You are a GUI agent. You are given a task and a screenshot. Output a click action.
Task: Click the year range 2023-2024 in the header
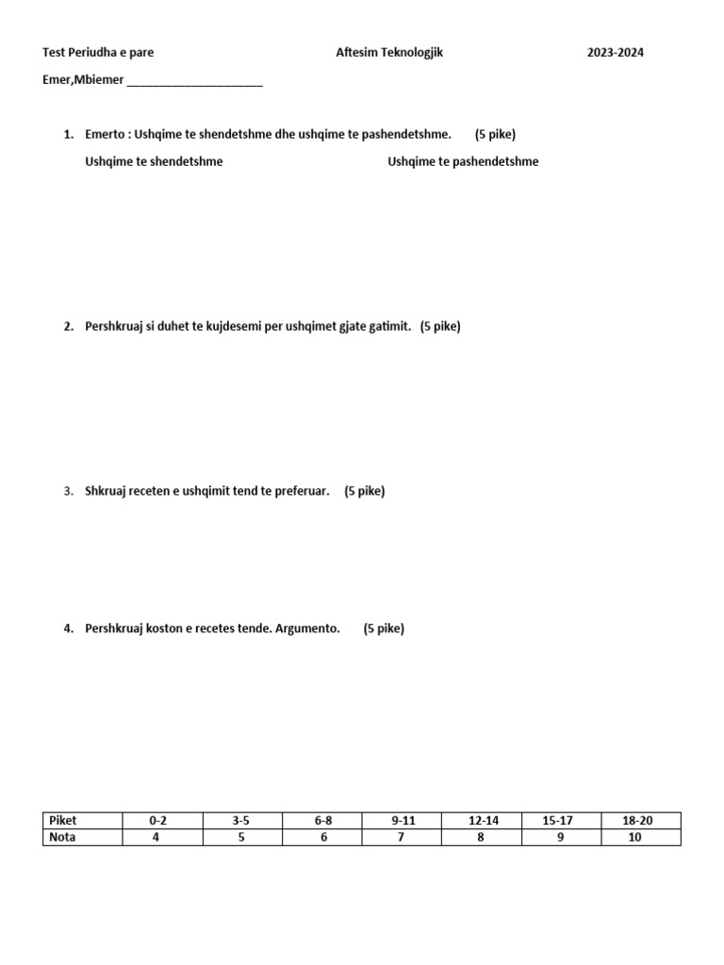[x=615, y=53]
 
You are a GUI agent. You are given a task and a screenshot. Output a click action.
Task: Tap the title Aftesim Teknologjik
[x=388, y=53]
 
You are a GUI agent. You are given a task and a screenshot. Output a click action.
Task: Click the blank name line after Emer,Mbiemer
[x=194, y=81]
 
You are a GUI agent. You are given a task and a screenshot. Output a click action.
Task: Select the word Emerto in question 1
[x=105, y=134]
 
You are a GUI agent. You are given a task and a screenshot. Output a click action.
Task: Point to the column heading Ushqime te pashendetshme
[x=463, y=161]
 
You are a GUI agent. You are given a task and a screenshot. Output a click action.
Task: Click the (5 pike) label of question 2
[x=440, y=326]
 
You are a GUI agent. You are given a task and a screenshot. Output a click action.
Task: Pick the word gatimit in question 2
[x=389, y=326]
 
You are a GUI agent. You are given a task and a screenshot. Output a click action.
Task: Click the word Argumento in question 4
[x=307, y=629]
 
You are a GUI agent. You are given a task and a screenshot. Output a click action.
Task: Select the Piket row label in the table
[x=63, y=821]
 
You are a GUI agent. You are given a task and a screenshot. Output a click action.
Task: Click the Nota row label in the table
[x=62, y=837]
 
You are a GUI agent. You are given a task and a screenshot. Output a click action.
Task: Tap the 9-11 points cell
[x=403, y=821]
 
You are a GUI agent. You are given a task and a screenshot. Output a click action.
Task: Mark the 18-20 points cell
[x=637, y=821]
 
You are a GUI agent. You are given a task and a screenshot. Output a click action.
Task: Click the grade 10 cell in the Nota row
[x=634, y=837]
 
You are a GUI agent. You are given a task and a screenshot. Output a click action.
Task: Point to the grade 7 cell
[x=402, y=837]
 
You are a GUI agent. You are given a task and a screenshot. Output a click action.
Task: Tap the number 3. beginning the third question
[x=69, y=491]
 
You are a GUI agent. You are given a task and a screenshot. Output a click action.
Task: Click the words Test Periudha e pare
[x=98, y=53]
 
